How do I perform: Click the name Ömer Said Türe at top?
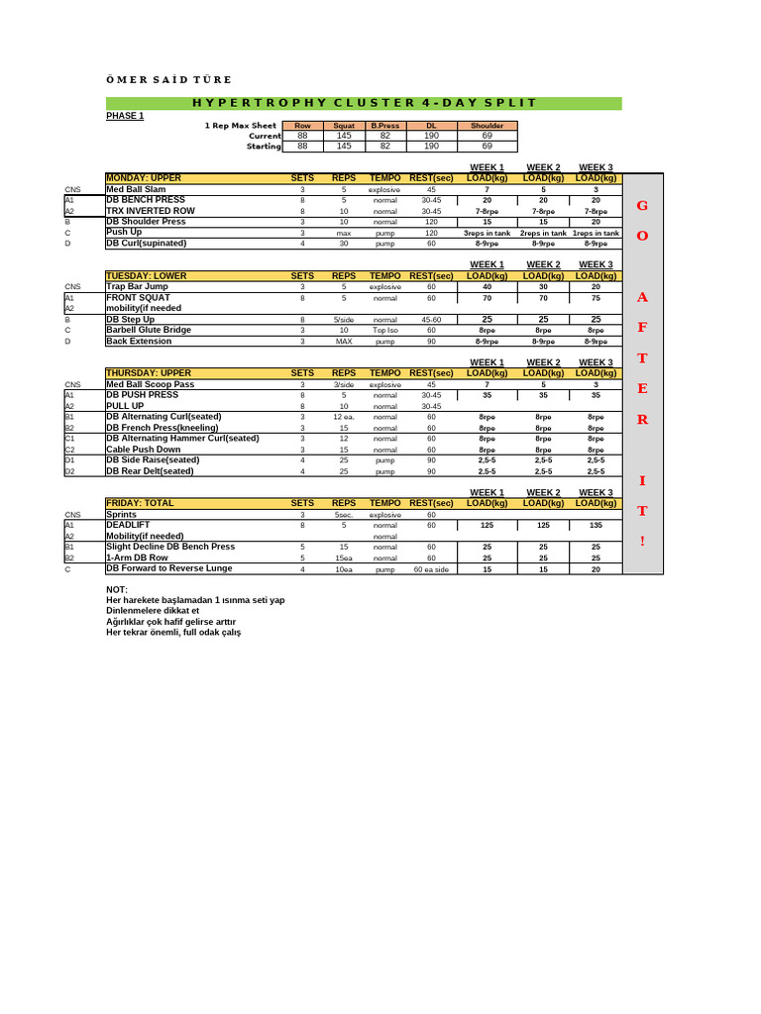pyautogui.click(x=168, y=79)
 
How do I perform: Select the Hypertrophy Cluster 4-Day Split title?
pyautogui.click(x=364, y=103)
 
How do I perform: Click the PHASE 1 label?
pyautogui.click(x=125, y=116)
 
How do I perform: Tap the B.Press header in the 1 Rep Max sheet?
pyautogui.click(x=385, y=126)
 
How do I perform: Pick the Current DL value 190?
pyautogui.click(x=431, y=136)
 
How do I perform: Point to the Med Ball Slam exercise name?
pyautogui.click(x=136, y=189)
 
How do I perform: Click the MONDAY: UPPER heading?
pyautogui.click(x=144, y=178)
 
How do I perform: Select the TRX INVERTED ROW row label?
pyautogui.click(x=151, y=211)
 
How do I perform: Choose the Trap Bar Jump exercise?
pyautogui.click(x=137, y=286)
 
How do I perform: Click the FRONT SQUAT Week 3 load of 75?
pyautogui.click(x=596, y=297)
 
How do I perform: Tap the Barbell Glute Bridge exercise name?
pyautogui.click(x=149, y=330)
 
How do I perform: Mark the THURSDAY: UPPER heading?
pyautogui.click(x=149, y=373)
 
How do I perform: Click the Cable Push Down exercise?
pyautogui.click(x=144, y=450)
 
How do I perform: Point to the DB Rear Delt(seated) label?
pyautogui.click(x=151, y=471)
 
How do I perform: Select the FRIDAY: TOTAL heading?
pyautogui.click(x=140, y=503)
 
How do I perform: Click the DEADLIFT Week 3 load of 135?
pyautogui.click(x=596, y=526)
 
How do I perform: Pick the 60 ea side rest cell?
pyautogui.click(x=431, y=569)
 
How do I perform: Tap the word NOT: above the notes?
pyautogui.click(x=117, y=590)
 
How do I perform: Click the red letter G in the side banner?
pyautogui.click(x=642, y=205)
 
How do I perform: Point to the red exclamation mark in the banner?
pyautogui.click(x=642, y=541)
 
